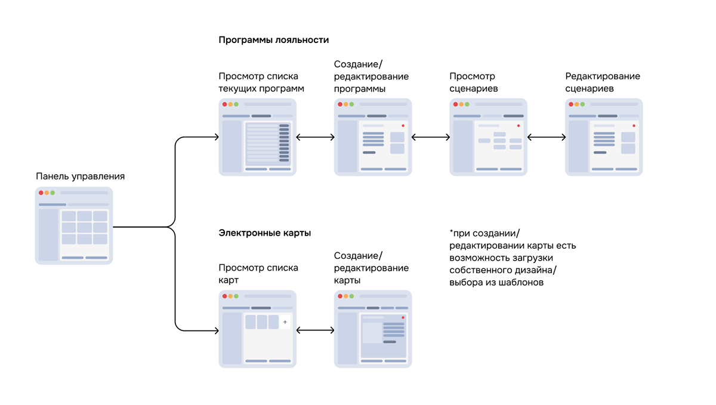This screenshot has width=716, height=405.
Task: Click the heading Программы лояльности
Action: click(x=274, y=40)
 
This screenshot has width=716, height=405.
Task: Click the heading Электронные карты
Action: click(x=265, y=233)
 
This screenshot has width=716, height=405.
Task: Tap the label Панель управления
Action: click(x=81, y=176)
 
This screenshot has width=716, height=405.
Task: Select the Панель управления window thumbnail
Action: click(x=74, y=225)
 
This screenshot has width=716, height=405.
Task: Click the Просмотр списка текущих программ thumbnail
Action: click(x=257, y=137)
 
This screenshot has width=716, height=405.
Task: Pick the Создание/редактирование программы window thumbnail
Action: click(x=373, y=137)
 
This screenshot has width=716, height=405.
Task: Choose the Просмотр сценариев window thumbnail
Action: click(x=488, y=137)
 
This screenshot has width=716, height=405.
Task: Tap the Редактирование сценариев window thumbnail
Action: click(x=604, y=137)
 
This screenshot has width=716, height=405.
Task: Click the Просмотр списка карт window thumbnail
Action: click(x=257, y=329)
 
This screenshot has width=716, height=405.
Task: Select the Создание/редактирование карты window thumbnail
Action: click(x=373, y=329)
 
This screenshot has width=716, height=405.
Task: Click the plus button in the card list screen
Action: click(x=285, y=322)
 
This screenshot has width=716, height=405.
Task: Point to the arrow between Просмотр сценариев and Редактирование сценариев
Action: click(x=547, y=137)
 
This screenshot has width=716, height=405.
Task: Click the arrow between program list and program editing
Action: click(x=316, y=137)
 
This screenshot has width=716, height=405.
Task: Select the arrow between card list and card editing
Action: click(x=316, y=330)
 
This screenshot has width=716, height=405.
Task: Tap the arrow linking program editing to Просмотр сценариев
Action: click(x=431, y=137)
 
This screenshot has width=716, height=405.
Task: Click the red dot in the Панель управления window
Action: click(x=41, y=193)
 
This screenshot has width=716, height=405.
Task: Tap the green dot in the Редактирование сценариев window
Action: click(x=583, y=104)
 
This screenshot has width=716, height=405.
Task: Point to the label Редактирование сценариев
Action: click(x=603, y=82)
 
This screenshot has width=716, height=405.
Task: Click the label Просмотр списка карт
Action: click(x=258, y=274)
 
